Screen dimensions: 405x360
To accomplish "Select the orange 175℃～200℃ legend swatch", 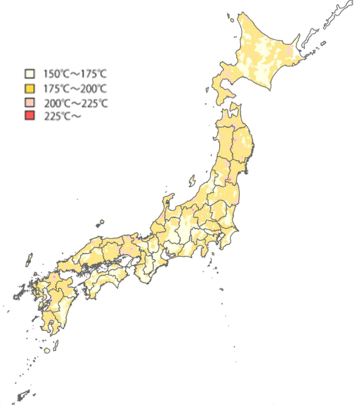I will [x=29, y=88].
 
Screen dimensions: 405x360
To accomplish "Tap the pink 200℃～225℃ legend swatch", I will [x=29, y=103].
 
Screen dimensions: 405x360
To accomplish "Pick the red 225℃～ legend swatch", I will [x=29, y=116].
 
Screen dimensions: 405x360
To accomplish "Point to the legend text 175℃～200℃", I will [x=73, y=88].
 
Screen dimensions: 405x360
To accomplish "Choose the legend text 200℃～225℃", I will [x=76, y=103].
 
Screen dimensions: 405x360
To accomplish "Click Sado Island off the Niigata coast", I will [x=192, y=180].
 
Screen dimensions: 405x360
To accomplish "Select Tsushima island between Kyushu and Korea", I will [x=28, y=260].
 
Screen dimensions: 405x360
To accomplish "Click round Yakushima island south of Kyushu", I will [x=47, y=349].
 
